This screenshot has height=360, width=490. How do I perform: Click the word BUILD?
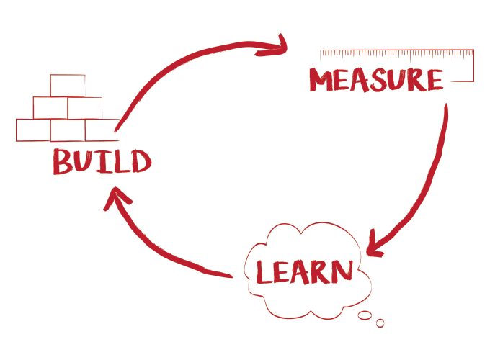pyautogui.click(x=102, y=161)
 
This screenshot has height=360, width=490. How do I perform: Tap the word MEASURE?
pyautogui.click(x=376, y=80)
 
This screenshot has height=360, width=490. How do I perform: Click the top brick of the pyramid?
pyautogui.click(x=67, y=85)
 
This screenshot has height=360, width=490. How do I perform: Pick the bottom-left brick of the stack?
pyautogui.click(x=33, y=130)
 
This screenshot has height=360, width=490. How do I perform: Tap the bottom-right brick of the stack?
pyautogui.click(x=102, y=130)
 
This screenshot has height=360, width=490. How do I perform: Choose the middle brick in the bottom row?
pyautogui.click(x=68, y=130)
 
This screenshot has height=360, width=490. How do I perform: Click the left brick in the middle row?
pyautogui.click(x=50, y=108)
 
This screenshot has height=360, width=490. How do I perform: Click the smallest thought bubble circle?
pyautogui.click(x=380, y=323)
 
